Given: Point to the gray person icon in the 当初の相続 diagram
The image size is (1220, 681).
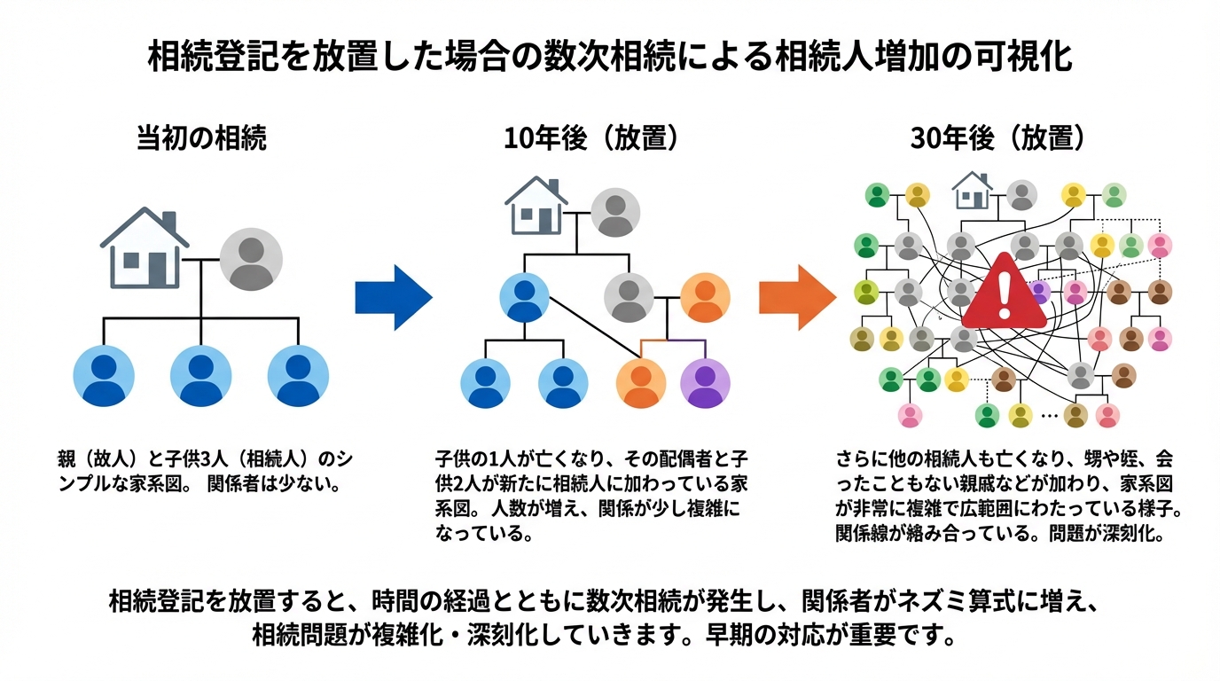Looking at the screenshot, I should [x=251, y=258].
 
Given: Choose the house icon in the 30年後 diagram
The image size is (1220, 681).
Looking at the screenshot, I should [x=972, y=191].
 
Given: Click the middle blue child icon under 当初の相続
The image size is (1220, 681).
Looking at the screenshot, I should [x=201, y=375].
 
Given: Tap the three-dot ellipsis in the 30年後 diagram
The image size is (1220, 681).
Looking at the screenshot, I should [x=1048, y=415].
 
